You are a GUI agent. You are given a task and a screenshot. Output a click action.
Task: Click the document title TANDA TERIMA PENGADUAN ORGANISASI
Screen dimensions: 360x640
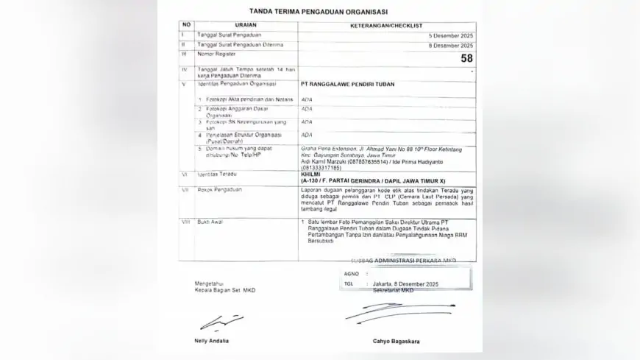(319, 12)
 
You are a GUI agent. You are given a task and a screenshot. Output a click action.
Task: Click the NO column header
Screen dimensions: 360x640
(187, 25)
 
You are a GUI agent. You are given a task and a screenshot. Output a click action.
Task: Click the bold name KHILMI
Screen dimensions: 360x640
(312, 175)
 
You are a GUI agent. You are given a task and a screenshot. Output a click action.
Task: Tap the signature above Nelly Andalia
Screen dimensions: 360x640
(212, 322)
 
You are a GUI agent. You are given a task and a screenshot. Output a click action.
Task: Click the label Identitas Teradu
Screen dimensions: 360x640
(219, 175)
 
